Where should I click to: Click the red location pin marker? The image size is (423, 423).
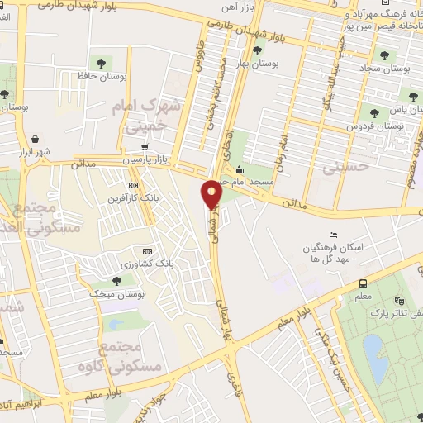212,194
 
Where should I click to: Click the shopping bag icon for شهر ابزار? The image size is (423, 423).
35,140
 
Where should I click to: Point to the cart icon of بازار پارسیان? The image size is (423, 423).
145,148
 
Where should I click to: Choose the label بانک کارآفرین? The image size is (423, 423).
129,199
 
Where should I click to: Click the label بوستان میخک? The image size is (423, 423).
117,294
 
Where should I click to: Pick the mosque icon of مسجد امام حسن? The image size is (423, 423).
238,169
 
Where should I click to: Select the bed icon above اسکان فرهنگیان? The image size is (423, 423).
333,236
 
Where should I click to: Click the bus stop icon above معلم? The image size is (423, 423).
364,283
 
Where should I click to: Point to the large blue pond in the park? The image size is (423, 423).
373,351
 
